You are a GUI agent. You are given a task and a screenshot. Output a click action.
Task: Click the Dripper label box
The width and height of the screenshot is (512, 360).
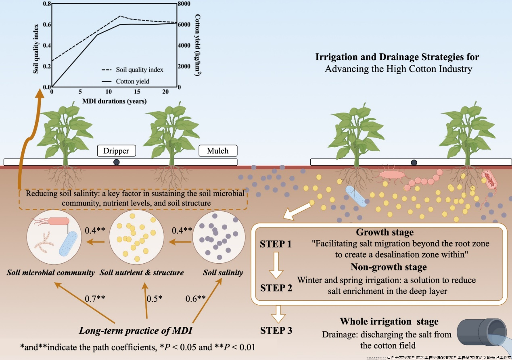(x=116, y=151)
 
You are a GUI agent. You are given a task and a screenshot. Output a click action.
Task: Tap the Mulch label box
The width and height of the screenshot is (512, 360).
(x=218, y=151)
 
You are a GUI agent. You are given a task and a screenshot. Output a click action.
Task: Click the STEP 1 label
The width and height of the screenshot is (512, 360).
(x=276, y=244)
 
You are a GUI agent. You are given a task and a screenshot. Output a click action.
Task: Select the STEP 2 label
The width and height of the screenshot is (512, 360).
(x=276, y=288)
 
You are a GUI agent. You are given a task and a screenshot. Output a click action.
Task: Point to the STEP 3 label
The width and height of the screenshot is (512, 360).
(x=276, y=331)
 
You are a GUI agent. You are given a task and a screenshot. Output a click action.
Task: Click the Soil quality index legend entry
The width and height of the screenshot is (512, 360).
(x=139, y=69)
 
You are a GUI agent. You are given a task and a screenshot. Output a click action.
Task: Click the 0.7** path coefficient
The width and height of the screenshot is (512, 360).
(x=95, y=299)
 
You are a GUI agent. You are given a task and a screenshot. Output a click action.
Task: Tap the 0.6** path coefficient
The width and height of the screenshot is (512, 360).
(x=196, y=299)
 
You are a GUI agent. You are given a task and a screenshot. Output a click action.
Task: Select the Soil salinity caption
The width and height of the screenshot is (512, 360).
(x=222, y=273)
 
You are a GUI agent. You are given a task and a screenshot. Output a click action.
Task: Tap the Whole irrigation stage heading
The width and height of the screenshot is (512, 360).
(x=383, y=322)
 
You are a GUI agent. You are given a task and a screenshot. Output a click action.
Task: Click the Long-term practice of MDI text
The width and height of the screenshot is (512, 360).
(x=135, y=331)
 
